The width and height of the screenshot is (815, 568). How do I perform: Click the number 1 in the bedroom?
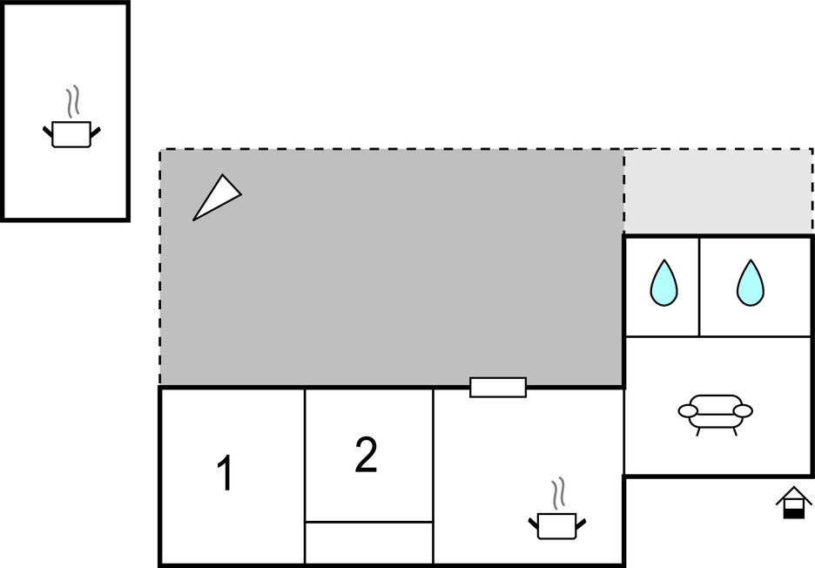pyautogui.click(x=225, y=472)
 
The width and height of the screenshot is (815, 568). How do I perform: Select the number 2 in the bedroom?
pyautogui.click(x=366, y=455)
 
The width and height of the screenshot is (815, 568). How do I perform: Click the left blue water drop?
pyautogui.click(x=663, y=283)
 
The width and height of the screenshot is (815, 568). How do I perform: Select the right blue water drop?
pyautogui.click(x=751, y=283)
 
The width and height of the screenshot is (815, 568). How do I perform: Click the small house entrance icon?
pyautogui.click(x=794, y=503)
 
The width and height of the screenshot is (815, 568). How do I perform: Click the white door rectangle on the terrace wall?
pyautogui.click(x=498, y=388)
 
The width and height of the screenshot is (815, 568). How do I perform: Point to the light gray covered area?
pyautogui.click(x=718, y=192)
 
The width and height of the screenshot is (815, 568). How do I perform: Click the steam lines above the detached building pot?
pyautogui.click(x=73, y=101)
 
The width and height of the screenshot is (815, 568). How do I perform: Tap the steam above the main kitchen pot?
pyautogui.click(x=558, y=493)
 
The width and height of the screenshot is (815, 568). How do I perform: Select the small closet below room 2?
pyautogui.click(x=369, y=542)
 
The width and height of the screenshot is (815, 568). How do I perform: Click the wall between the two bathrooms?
pyautogui.click(x=699, y=287)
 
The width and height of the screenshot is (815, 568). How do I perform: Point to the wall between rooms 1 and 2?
pyautogui.click(x=305, y=476)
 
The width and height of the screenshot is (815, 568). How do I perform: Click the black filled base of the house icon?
pyautogui.click(x=794, y=514)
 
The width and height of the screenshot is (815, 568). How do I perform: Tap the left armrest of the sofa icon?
pyautogui.click(x=688, y=411)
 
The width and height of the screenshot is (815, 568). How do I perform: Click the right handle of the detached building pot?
pyautogui.click(x=95, y=132)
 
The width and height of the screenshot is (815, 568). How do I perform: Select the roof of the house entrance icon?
pyautogui.click(x=794, y=495)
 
